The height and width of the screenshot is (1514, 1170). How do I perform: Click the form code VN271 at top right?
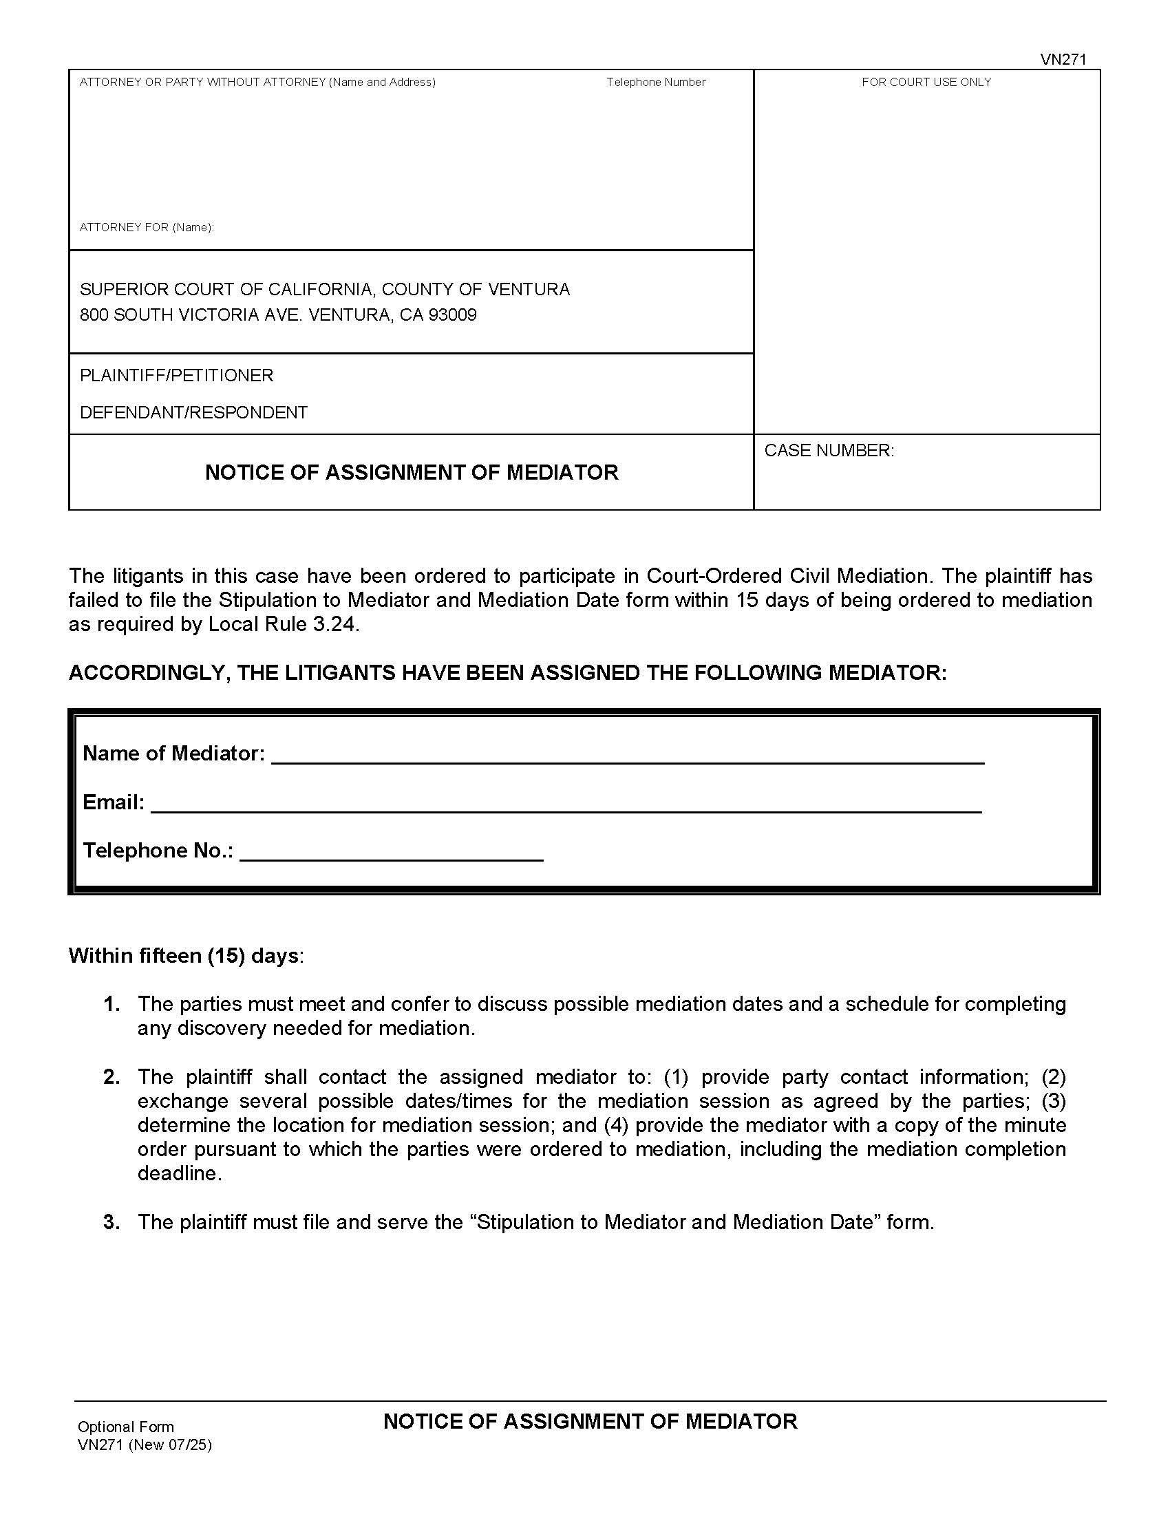click(1063, 60)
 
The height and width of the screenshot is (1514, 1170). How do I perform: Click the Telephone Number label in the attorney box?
click(656, 83)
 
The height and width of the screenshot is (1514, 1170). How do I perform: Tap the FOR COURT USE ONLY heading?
click(926, 83)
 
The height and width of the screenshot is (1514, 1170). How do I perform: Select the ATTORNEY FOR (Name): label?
click(146, 227)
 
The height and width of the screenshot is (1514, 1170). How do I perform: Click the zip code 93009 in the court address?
click(453, 315)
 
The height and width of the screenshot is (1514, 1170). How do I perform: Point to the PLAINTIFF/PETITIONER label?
click(176, 376)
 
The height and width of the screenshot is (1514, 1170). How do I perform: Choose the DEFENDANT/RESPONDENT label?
click(193, 413)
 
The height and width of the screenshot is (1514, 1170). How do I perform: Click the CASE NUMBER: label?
click(829, 451)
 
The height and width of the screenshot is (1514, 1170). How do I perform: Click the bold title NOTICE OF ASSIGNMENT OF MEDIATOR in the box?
click(412, 473)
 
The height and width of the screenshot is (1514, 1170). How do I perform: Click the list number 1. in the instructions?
click(111, 1005)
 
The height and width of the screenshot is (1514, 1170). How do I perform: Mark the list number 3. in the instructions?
click(111, 1222)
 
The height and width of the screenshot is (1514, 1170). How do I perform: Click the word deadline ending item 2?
click(178, 1173)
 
